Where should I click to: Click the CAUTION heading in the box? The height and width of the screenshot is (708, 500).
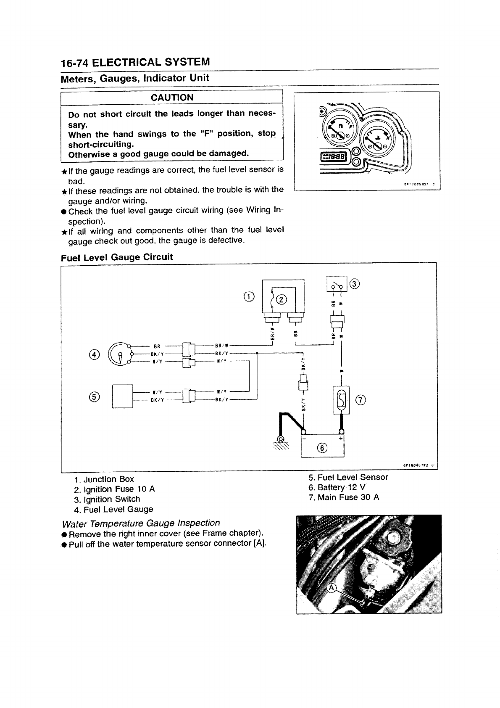(172, 98)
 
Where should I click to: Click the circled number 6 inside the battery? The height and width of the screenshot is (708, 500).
(322, 448)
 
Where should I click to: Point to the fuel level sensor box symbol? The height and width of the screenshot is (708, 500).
(122, 396)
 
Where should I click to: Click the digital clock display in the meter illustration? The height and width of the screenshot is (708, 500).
(334, 157)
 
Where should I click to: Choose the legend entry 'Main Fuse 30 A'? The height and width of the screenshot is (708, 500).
(344, 497)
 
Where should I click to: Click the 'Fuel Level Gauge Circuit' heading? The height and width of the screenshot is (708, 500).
(117, 257)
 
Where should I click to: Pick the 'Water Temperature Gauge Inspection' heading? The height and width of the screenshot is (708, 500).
(140, 523)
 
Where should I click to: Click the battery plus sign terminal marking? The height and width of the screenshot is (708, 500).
(340, 439)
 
